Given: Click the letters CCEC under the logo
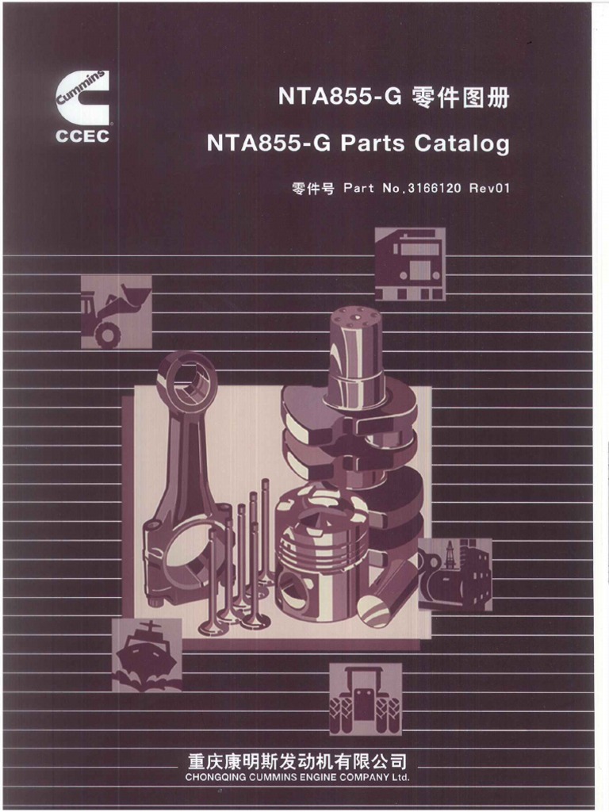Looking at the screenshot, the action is [x=82, y=136].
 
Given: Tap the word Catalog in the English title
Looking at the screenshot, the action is [x=462, y=143].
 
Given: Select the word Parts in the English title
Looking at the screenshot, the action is [x=372, y=143].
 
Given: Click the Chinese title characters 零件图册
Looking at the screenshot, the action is [x=461, y=98].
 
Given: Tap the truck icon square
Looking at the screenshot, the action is [x=410, y=264].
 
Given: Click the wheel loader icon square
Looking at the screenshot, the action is [x=117, y=312].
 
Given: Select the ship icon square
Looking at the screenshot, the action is [x=147, y=654].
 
